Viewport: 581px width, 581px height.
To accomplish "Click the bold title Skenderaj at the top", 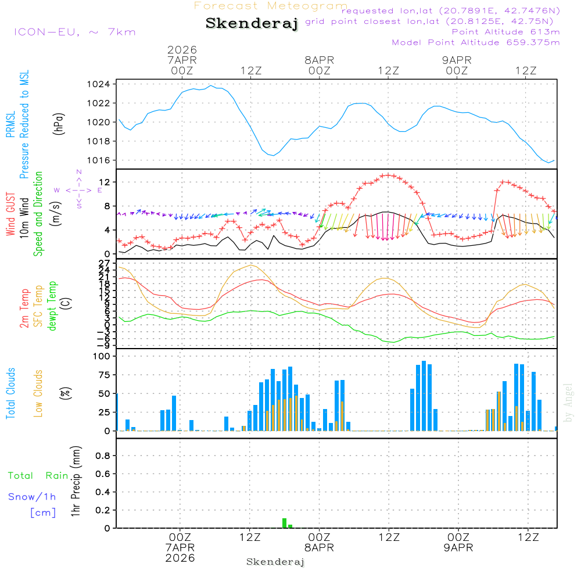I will point(252,24).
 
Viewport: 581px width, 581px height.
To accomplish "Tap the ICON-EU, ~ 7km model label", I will point(74,32).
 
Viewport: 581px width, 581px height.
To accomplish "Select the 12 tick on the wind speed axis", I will point(105,182).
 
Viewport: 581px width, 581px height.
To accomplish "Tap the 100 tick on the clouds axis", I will point(101,356).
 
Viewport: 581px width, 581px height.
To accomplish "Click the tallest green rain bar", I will point(284,523).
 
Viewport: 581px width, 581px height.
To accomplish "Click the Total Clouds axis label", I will point(10,393).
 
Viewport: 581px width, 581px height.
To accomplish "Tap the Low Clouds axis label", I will point(38,393).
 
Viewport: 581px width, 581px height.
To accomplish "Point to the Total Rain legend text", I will point(38,475).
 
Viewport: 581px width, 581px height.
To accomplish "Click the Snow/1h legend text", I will point(33,497).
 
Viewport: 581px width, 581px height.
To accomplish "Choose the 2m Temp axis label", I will point(24,308).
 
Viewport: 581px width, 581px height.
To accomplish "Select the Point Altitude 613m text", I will point(505,31).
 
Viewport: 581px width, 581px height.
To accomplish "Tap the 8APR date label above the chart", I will point(319,60).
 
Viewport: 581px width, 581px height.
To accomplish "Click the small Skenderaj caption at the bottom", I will point(275,562).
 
